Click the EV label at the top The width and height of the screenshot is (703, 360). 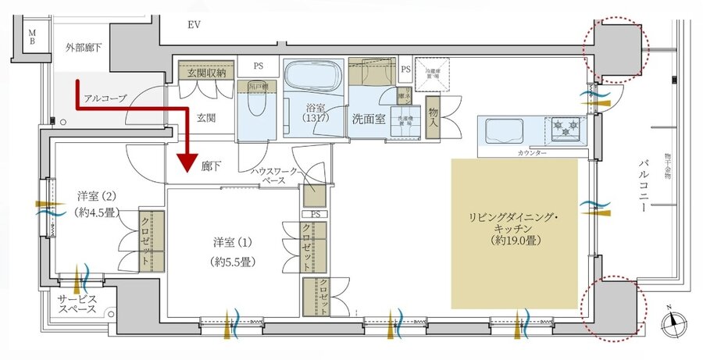coord(195,25)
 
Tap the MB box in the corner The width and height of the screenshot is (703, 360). coord(32,37)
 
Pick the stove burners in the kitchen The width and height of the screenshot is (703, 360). coord(566,126)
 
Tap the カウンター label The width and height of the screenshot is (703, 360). coord(530,152)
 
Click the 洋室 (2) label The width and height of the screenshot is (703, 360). coord(96,203)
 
